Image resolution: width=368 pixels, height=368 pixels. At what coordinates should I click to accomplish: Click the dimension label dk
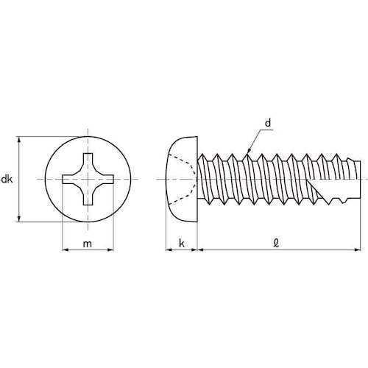coord(7,179)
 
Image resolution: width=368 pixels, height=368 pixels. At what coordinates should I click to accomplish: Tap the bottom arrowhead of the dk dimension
coord(18,219)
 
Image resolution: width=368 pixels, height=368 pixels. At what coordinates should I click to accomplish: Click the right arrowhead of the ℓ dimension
coord(361,250)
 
